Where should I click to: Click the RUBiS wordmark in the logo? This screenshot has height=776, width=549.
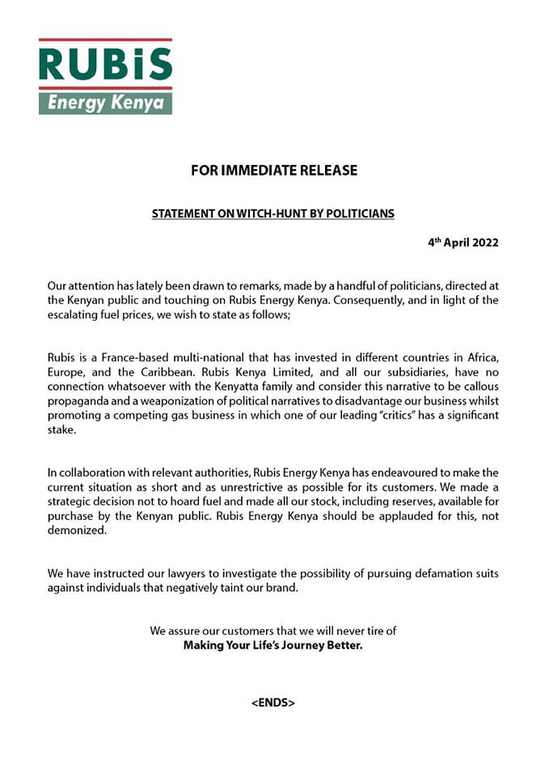105,63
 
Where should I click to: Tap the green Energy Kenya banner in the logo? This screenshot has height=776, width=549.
105,103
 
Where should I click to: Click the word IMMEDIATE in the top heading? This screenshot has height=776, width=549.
259,171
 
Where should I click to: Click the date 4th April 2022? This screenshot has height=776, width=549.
463,242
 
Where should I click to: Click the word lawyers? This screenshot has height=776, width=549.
192,574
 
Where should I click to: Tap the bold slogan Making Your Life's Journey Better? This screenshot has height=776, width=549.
273,645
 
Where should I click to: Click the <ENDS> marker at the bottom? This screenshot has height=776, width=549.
273,703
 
